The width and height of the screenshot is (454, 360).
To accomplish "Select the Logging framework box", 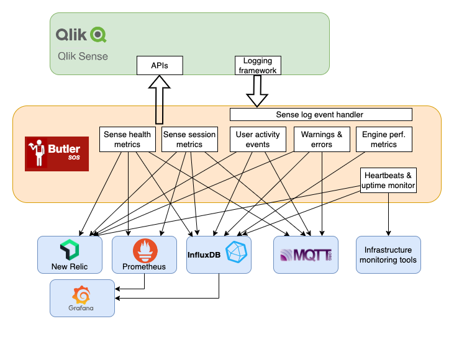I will [x=258, y=66].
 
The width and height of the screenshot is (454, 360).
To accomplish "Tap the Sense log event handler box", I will [x=320, y=115].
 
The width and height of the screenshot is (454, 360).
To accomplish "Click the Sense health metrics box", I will [x=127, y=139].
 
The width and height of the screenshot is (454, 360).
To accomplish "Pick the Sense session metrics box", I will [x=189, y=139].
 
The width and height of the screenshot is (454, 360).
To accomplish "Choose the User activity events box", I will [x=258, y=139].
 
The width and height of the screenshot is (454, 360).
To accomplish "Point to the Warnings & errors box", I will [x=322, y=139].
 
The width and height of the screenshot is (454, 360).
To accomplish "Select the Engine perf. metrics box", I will [x=383, y=139].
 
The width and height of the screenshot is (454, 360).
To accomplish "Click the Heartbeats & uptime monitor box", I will [x=388, y=180].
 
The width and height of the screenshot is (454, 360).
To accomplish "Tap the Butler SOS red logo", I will [x=57, y=153].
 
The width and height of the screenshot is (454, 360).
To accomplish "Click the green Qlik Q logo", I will [x=98, y=34].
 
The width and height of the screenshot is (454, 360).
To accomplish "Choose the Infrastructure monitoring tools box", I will [x=388, y=254].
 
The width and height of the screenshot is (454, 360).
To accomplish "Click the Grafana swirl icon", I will [x=83, y=293].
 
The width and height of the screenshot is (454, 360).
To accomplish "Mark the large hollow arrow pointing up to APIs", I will [x=159, y=99].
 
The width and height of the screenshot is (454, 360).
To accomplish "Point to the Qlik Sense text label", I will [x=82, y=56].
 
